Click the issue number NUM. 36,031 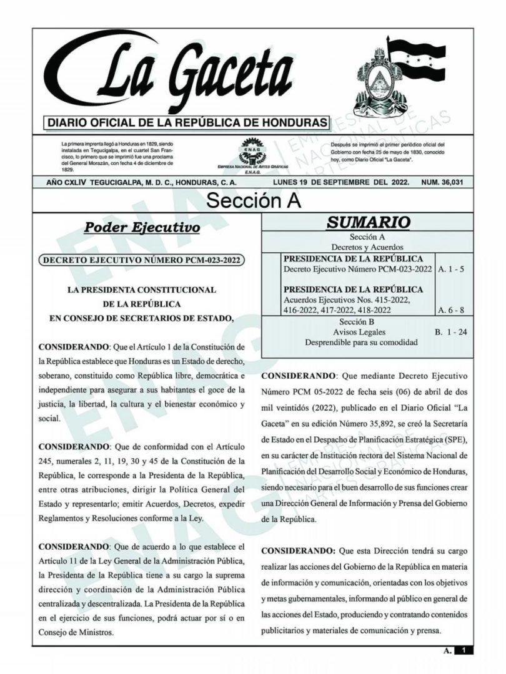click(x=446, y=182)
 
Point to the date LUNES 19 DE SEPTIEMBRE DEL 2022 click(x=341, y=182)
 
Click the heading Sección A click(x=253, y=200)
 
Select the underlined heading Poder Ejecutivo click(x=142, y=227)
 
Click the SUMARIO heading click(x=369, y=222)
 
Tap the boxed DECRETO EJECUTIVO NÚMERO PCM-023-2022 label click(x=142, y=260)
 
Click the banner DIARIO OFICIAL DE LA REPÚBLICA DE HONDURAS click(x=187, y=122)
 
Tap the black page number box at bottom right click(x=464, y=651)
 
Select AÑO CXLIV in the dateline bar click(x=64, y=182)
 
